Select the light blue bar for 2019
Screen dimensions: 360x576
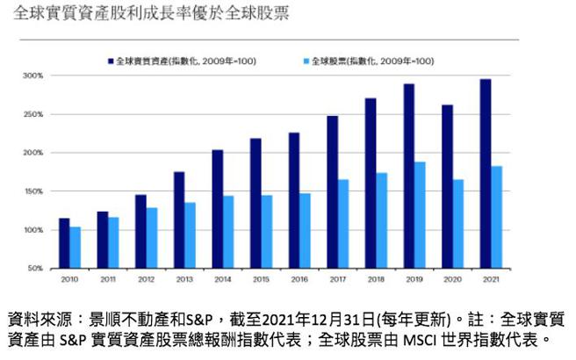421,215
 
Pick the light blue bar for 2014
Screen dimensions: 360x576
228,232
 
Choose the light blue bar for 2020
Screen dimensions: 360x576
457,224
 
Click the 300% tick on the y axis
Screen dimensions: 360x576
33,76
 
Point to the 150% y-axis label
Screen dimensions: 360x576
33,191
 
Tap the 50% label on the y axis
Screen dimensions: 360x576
35,268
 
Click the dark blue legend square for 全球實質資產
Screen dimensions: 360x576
112,61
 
